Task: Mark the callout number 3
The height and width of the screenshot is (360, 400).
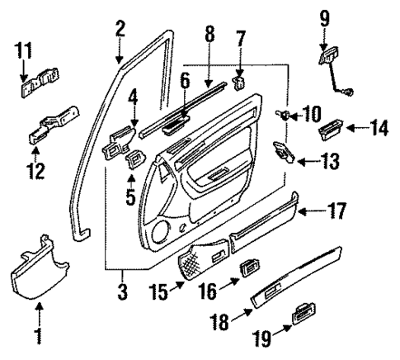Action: pyautogui.click(x=121, y=291)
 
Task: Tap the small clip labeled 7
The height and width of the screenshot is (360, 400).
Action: pyautogui.click(x=240, y=83)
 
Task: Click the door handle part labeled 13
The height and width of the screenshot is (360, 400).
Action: pyautogui.click(x=285, y=151)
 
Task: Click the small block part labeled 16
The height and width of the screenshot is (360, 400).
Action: pyautogui.click(x=248, y=267)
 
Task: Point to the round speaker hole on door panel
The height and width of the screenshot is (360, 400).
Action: pyautogui.click(x=181, y=227)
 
